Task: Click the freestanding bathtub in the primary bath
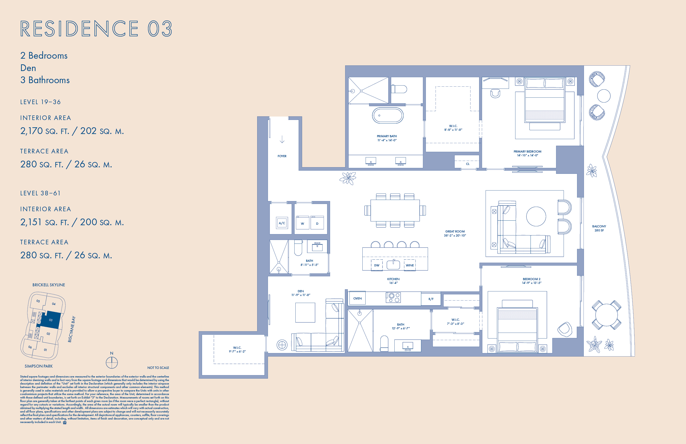coord(388,115)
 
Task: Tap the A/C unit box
coord(282,223)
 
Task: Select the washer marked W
coord(302,223)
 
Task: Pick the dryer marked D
coord(317,223)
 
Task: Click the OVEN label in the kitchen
coord(358,298)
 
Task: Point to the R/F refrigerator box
coord(431,299)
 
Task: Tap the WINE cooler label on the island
coord(409,265)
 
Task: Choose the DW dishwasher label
coord(377,265)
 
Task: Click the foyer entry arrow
coord(282,140)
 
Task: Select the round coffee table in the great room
coord(536,217)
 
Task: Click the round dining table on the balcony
coord(606,315)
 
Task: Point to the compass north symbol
coord(112,362)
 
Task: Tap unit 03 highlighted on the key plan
coord(51,320)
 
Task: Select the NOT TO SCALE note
coord(158,368)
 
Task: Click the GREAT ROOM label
coord(455,231)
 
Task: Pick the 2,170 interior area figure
coord(31,131)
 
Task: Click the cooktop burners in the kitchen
coord(393,298)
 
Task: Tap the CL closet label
coord(468,164)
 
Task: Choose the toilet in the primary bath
coord(399,89)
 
